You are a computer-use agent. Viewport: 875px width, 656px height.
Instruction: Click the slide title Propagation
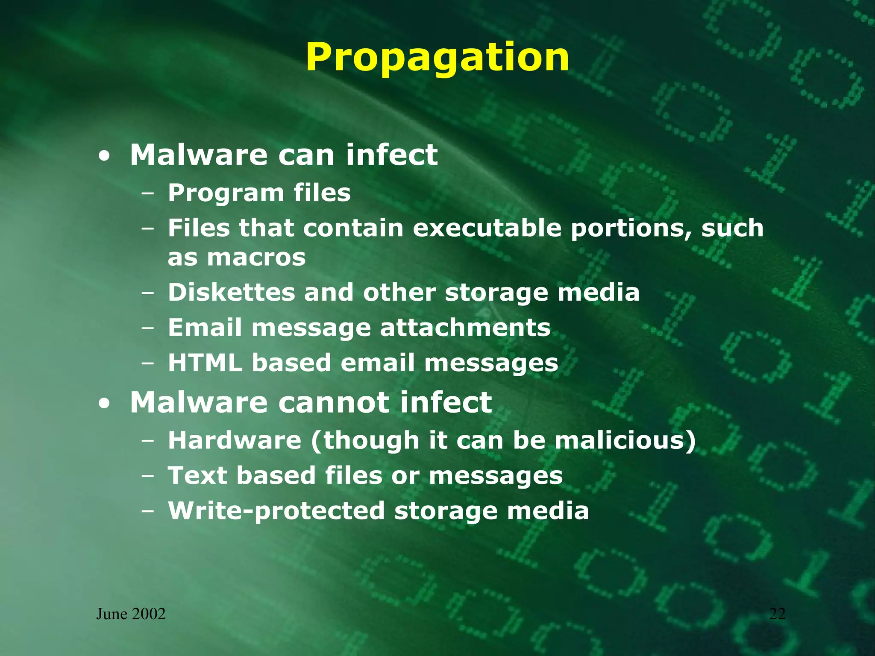[437, 58]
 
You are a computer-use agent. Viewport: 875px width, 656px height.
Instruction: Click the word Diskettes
[231, 293]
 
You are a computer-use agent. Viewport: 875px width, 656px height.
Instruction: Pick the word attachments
[465, 328]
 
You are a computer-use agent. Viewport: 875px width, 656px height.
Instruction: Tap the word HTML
[205, 363]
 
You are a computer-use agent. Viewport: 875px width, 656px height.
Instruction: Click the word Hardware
[235, 440]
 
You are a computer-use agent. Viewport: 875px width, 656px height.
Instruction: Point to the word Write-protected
[276, 511]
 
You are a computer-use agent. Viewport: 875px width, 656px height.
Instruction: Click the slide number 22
[777, 614]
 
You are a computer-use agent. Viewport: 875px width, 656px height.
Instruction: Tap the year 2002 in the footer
[149, 614]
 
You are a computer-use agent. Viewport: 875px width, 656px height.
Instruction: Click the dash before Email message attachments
[148, 329]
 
